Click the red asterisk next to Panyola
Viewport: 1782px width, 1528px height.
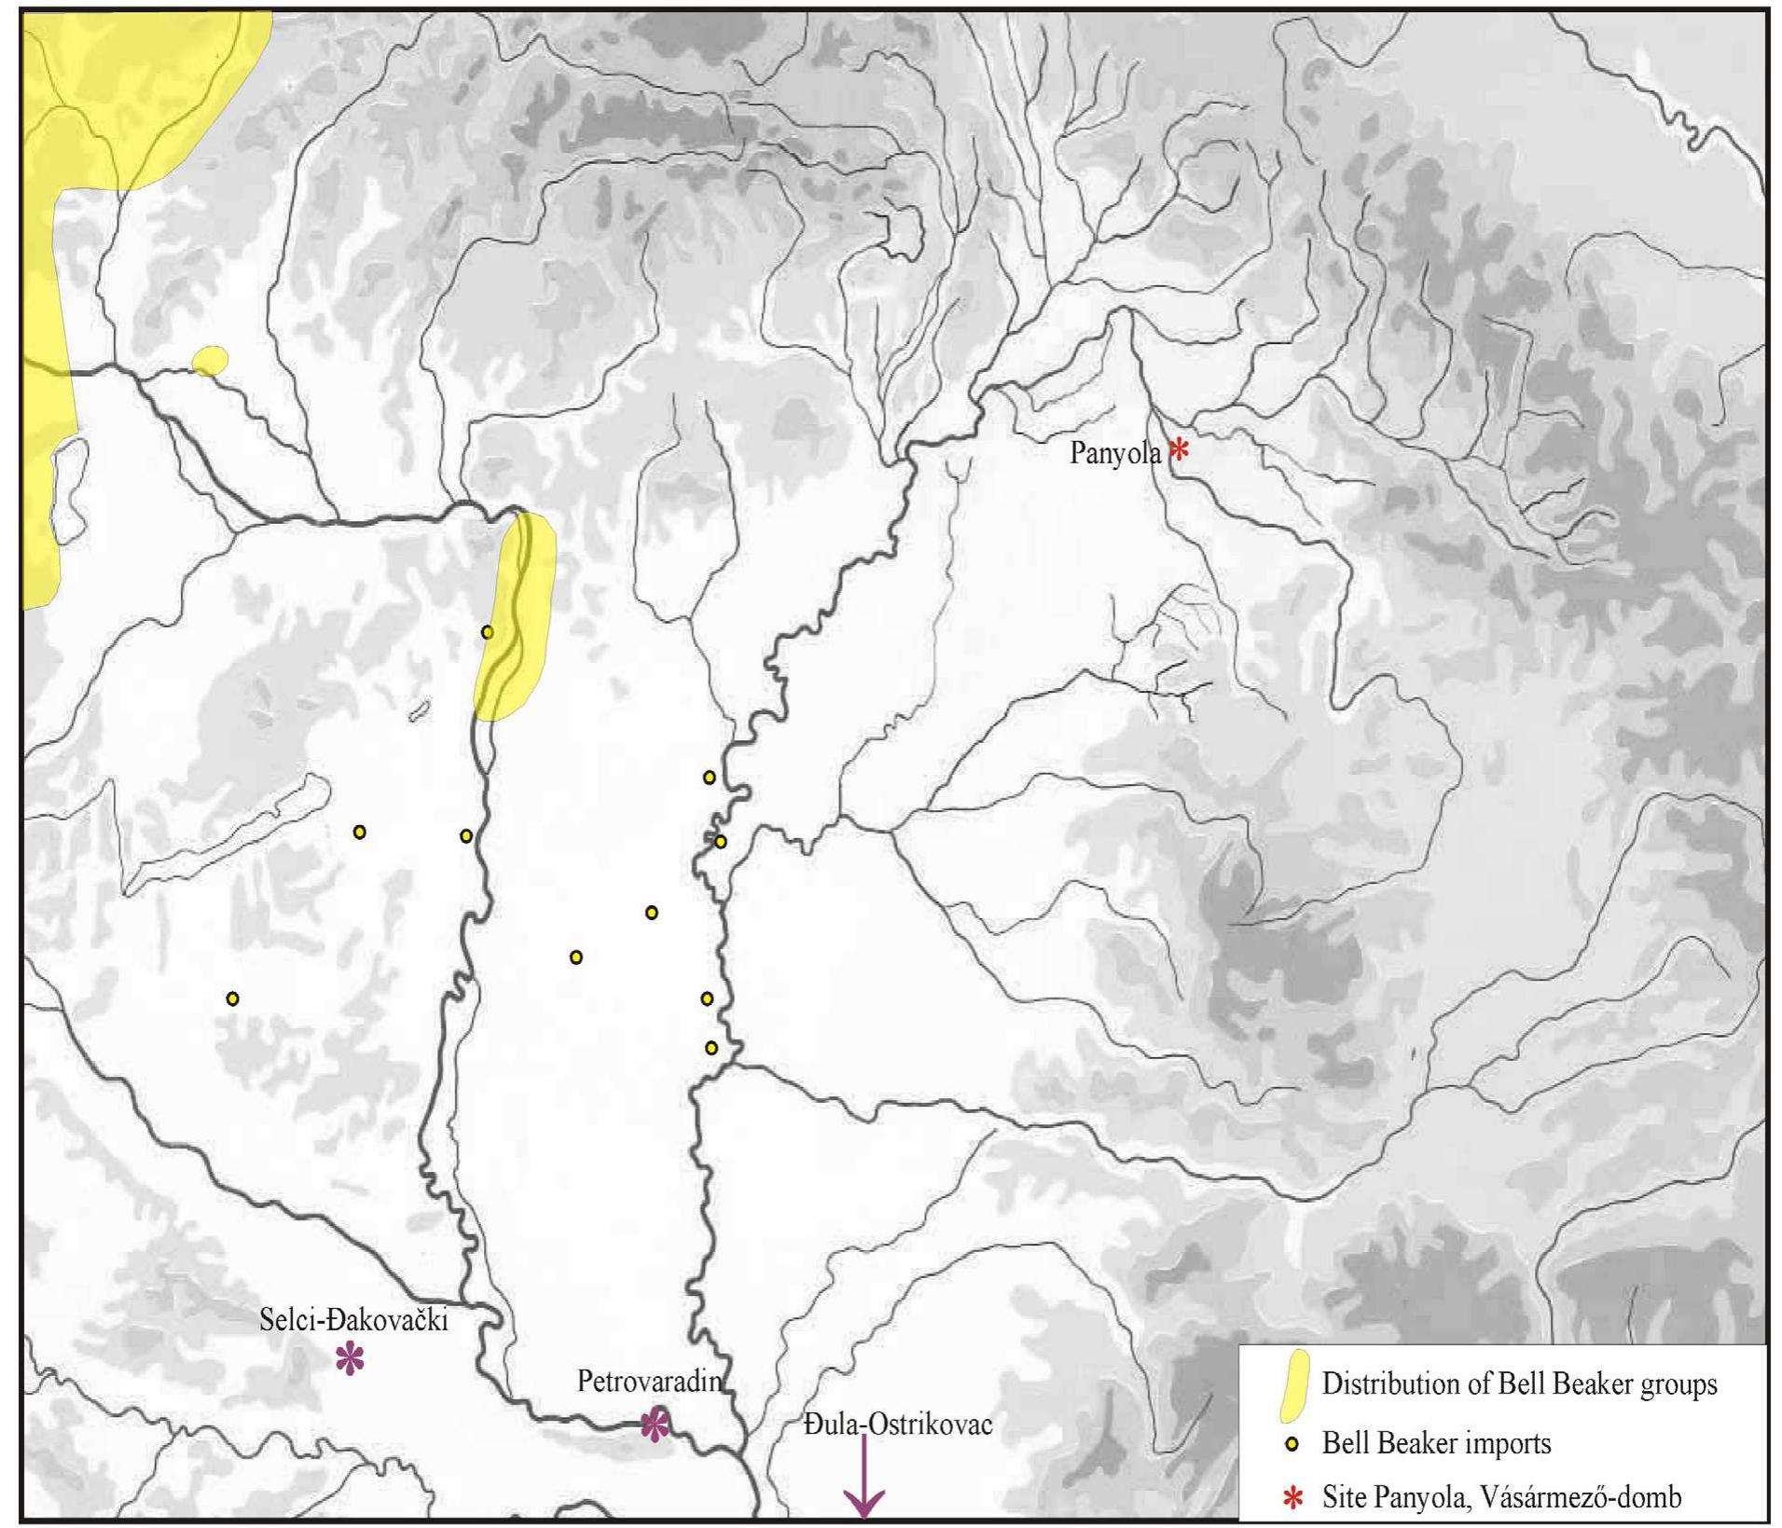coord(1179,450)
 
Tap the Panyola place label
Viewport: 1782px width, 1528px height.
coord(1114,454)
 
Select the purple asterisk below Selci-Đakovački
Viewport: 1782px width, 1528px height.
coord(350,1359)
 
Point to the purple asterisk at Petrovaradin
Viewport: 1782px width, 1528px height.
coord(655,1424)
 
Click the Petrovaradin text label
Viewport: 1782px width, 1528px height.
coord(649,1381)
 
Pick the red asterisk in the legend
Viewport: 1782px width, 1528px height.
coord(1292,1498)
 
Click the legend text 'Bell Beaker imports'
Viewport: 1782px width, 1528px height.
coord(1436,1444)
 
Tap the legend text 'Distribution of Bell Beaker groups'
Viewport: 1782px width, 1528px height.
coord(1519,1383)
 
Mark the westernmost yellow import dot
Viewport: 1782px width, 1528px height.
coord(233,998)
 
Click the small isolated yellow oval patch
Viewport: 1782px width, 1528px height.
coord(210,360)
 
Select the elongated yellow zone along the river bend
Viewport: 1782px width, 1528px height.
coord(516,617)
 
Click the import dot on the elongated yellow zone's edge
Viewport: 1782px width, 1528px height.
coord(487,632)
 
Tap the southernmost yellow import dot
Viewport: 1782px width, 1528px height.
coord(711,1048)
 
